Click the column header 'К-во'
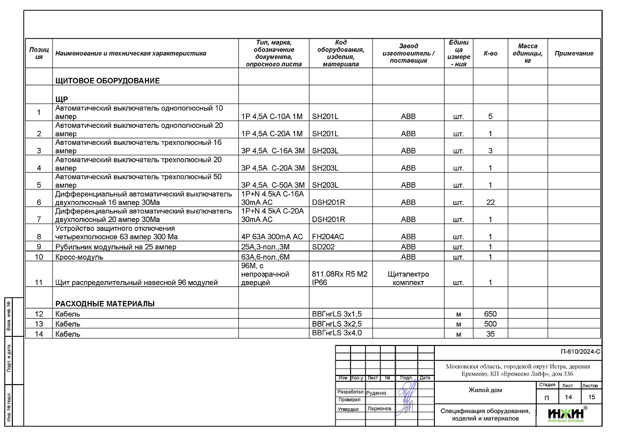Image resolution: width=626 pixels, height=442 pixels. [x=490, y=54]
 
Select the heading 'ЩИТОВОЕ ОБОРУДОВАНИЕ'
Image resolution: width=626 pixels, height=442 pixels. [x=107, y=81]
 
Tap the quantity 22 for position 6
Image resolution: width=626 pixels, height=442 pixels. [x=490, y=202]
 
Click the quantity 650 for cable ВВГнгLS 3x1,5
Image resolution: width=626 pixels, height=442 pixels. [x=490, y=314]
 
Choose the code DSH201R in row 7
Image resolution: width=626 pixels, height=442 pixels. [x=328, y=219]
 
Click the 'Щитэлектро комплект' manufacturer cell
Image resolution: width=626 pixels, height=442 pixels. [x=408, y=278]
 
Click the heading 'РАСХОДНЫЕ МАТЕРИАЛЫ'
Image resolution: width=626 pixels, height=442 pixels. [x=105, y=304]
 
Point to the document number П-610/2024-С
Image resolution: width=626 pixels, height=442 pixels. [x=580, y=352]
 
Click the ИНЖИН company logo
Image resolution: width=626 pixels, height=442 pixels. [x=566, y=415]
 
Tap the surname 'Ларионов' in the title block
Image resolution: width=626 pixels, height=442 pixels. [x=380, y=409]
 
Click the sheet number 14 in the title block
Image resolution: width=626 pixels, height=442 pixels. [x=567, y=397]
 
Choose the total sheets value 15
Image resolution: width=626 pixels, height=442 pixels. [x=591, y=397]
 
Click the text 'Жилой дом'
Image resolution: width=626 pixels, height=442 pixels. [x=485, y=390]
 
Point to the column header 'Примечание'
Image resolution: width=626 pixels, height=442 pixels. [x=574, y=54]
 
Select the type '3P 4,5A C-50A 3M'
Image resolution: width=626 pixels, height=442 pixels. [x=273, y=185]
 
